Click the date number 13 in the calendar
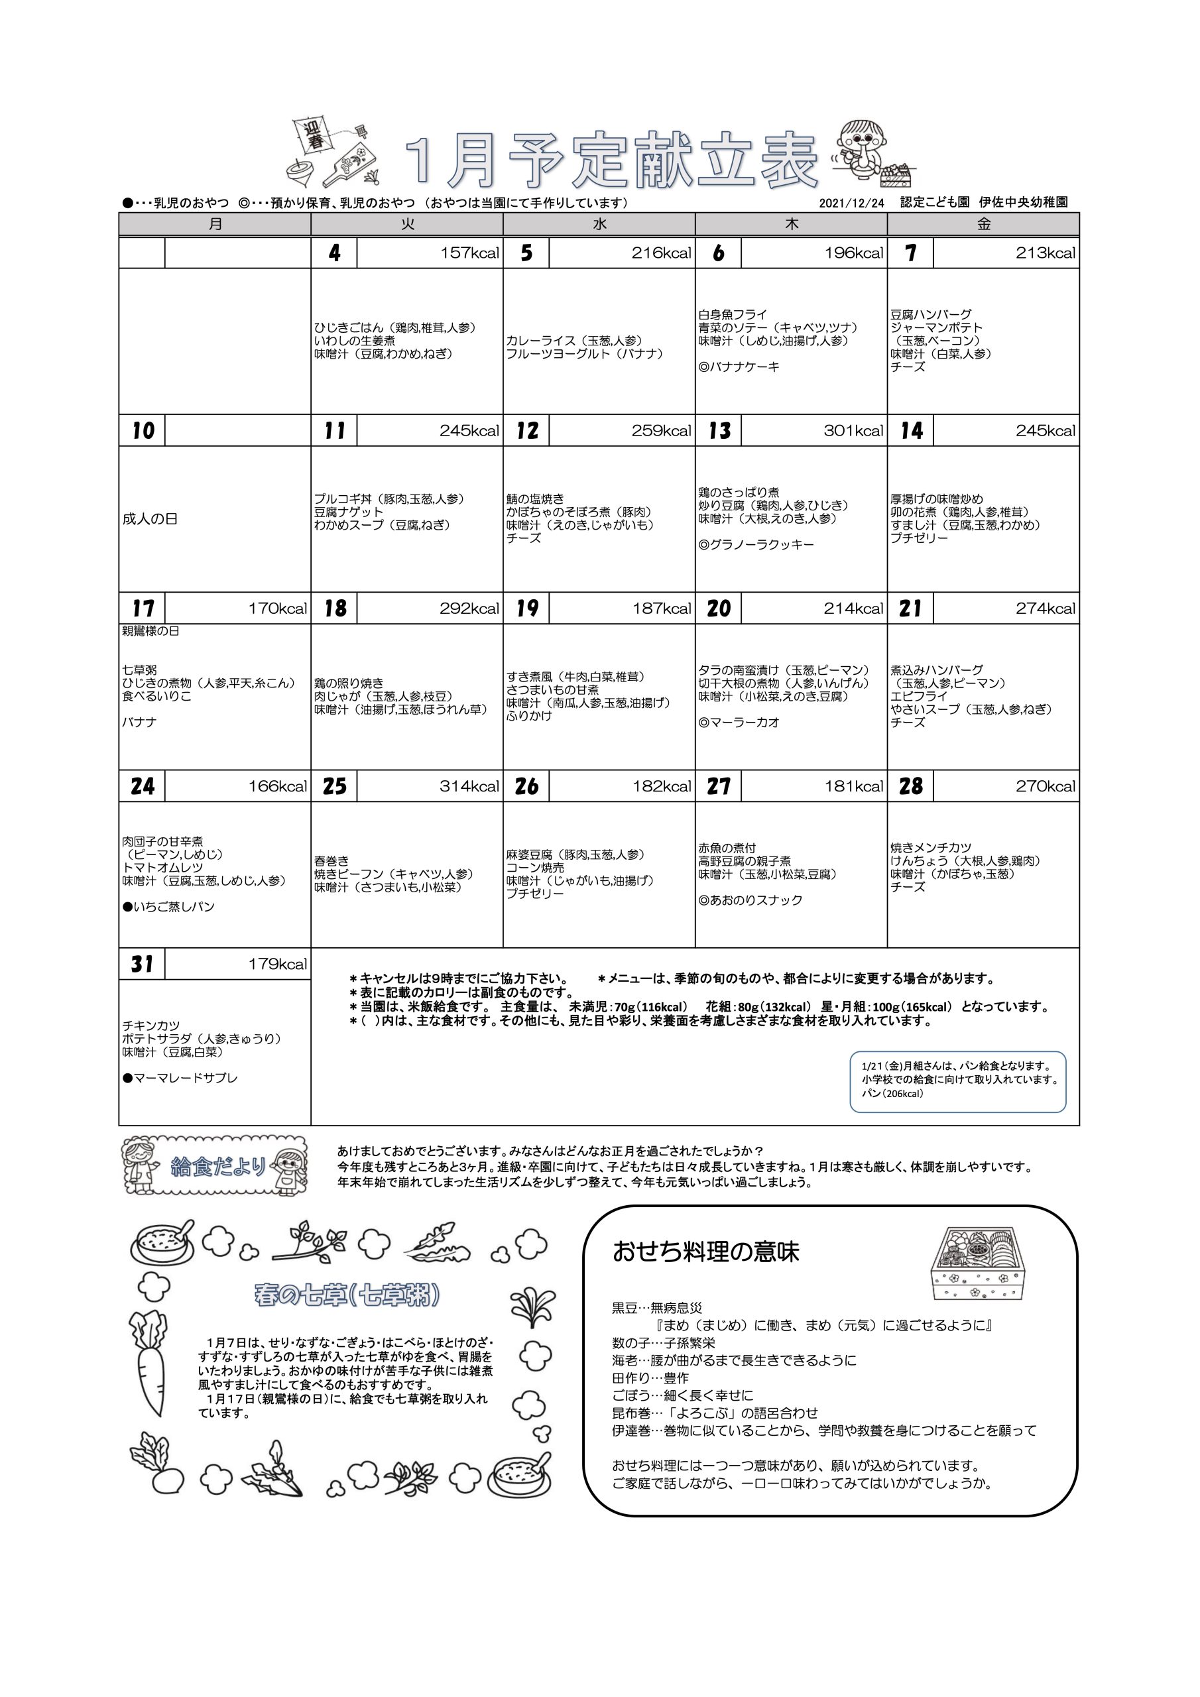click(719, 430)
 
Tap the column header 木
click(791, 224)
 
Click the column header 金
click(983, 224)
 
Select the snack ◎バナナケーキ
click(739, 367)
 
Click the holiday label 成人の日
click(150, 519)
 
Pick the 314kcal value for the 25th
click(469, 786)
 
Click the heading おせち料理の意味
click(705, 1252)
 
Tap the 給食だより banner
click(214, 1167)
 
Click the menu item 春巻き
click(331, 861)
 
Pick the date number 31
click(142, 964)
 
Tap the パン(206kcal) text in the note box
click(892, 1093)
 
